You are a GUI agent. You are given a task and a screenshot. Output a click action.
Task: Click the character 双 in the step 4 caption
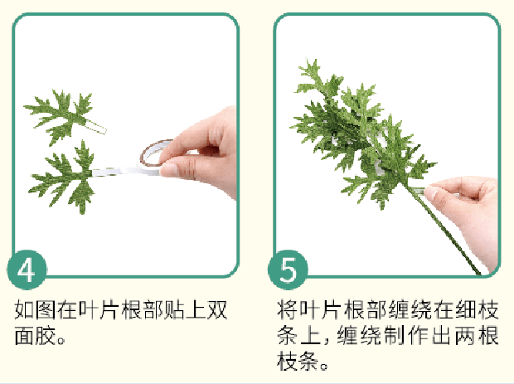tap(218, 311)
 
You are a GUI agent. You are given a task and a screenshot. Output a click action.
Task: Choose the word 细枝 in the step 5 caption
tap(478, 311)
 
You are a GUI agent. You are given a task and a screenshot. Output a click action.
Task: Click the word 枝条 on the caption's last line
tap(297, 362)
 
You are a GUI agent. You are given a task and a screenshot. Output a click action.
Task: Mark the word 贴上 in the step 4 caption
tap(183, 311)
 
